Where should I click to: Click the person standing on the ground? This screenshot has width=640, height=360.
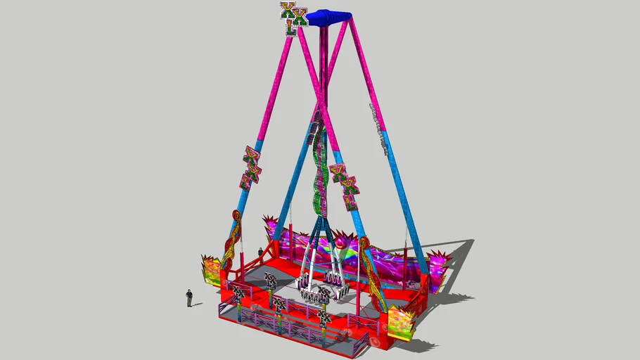pyautogui.click(x=188, y=297)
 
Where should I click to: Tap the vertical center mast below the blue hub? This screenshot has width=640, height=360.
pyautogui.click(x=324, y=70)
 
